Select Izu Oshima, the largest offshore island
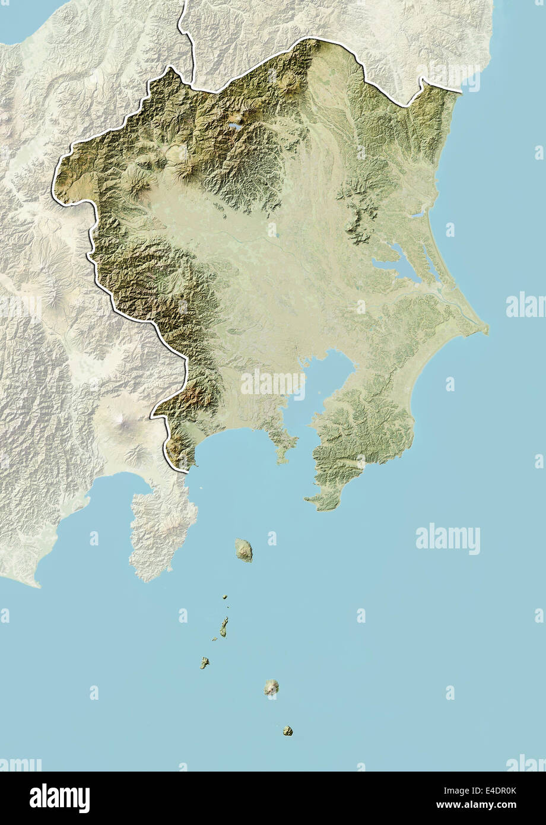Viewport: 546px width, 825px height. [243, 550]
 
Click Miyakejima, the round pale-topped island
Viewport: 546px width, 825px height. [272, 687]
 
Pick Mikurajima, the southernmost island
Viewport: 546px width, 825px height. [288, 731]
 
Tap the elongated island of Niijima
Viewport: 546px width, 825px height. [224, 626]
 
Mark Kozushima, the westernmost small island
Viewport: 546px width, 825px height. [204, 662]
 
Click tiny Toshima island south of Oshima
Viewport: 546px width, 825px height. [225, 596]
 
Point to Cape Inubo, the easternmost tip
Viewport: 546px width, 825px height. [486, 328]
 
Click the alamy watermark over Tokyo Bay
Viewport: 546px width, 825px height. [273, 383]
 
